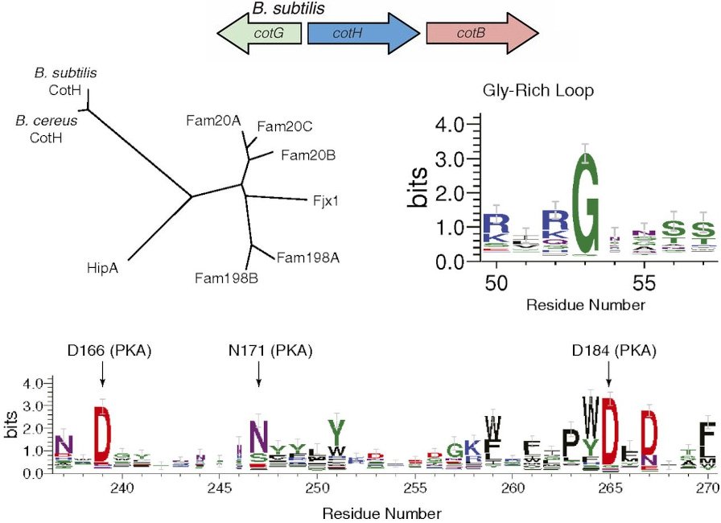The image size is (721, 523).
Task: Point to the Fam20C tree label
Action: click(279, 126)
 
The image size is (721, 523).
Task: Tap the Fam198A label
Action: click(303, 257)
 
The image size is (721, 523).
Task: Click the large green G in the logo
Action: click(590, 201)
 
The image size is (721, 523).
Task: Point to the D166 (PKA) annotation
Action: click(110, 351)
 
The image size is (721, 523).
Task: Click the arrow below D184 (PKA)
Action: click(608, 374)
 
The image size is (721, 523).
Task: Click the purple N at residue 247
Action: click(258, 437)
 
